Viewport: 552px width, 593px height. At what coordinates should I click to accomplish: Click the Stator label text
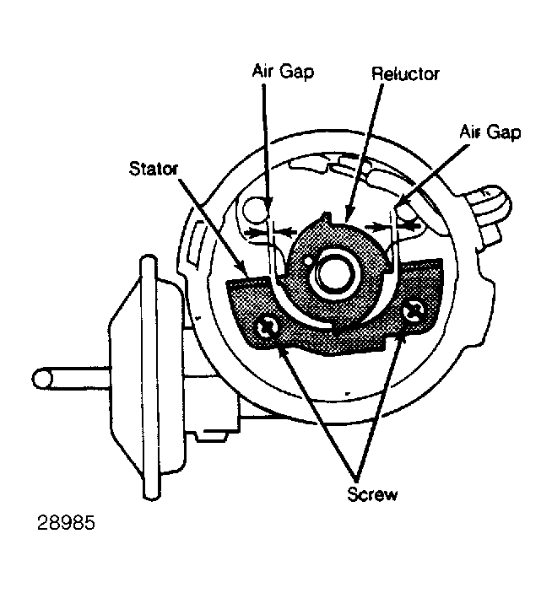153,169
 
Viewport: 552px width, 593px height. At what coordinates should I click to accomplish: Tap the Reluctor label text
405,73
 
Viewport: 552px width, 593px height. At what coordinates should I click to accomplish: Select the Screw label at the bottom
372,494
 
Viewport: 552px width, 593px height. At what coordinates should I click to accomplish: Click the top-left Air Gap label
283,72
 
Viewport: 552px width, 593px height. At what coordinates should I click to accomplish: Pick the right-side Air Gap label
490,132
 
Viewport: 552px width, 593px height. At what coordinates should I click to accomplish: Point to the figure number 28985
66,523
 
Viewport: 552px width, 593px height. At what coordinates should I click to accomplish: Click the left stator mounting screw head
267,327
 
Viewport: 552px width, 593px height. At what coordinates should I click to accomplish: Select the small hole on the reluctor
309,261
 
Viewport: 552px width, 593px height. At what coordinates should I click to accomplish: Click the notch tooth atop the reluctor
325,218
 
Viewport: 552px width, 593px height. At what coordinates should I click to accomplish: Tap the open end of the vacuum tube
41,378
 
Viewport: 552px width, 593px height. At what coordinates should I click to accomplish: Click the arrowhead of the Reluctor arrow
349,215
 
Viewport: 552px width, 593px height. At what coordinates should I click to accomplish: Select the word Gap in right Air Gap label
504,133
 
